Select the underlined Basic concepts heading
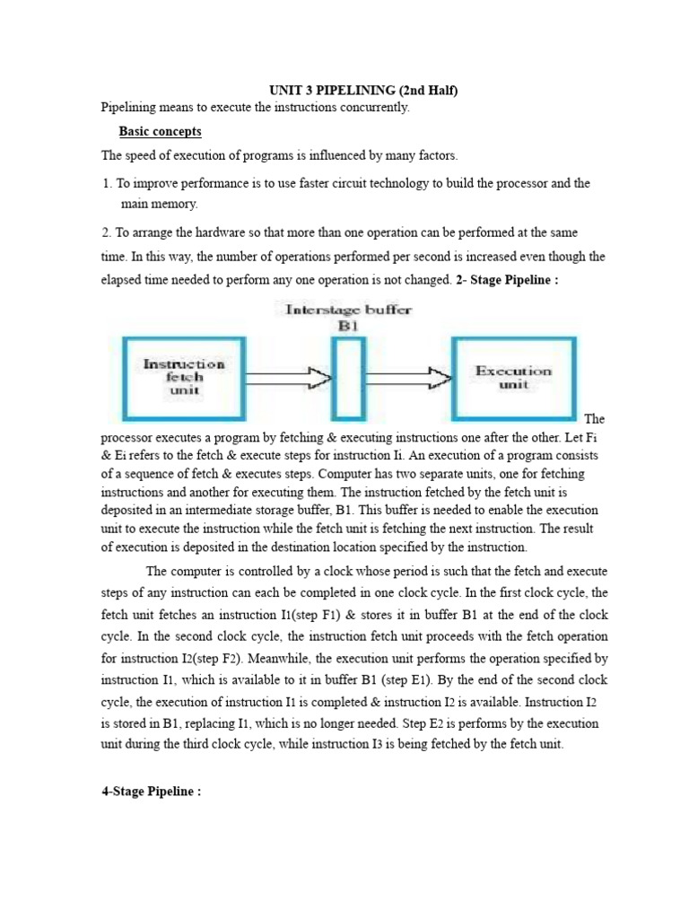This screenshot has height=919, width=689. coord(157,132)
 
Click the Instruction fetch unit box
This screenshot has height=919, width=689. coord(183,378)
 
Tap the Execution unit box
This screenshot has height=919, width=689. coord(514,377)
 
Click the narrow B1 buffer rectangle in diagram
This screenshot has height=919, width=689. coord(348,378)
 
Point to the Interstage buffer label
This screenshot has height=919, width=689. coord(348,311)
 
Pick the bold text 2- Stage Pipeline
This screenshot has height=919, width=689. coord(507,280)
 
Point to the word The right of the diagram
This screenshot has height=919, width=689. coord(594,418)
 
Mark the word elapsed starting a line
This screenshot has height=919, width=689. coord(121,280)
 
